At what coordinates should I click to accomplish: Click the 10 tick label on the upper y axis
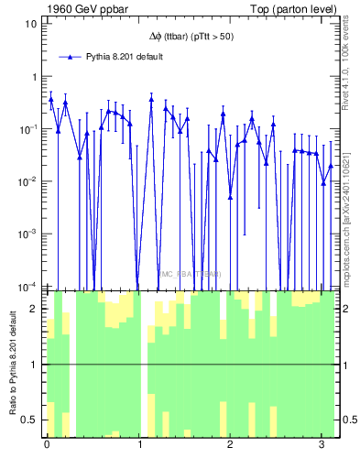point(30,24)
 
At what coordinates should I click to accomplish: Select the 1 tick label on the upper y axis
point(33,76)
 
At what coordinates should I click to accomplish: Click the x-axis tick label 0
point(47,444)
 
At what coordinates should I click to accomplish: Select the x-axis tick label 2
point(228,444)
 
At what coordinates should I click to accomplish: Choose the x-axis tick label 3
point(319,444)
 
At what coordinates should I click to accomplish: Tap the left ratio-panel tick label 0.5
point(29,420)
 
